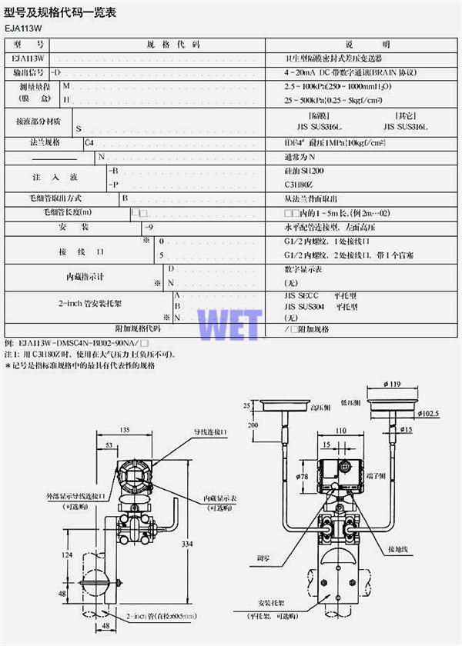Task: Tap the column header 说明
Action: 367,45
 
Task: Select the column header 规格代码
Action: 172,45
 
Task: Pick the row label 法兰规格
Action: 44,142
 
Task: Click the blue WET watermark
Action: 231,323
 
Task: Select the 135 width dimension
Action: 124,431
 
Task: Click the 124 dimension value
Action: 68,554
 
